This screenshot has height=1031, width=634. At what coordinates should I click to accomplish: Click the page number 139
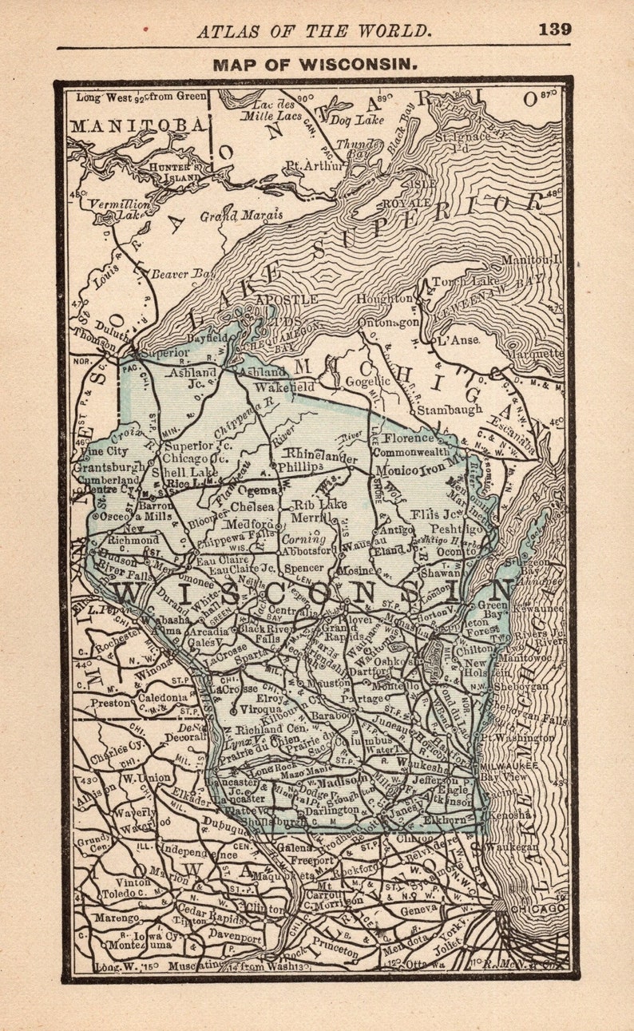click(554, 30)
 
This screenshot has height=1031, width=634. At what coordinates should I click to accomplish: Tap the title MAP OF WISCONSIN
click(315, 65)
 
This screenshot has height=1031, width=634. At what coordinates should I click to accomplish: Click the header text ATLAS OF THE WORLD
click(315, 31)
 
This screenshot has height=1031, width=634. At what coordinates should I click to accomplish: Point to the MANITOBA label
click(138, 125)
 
